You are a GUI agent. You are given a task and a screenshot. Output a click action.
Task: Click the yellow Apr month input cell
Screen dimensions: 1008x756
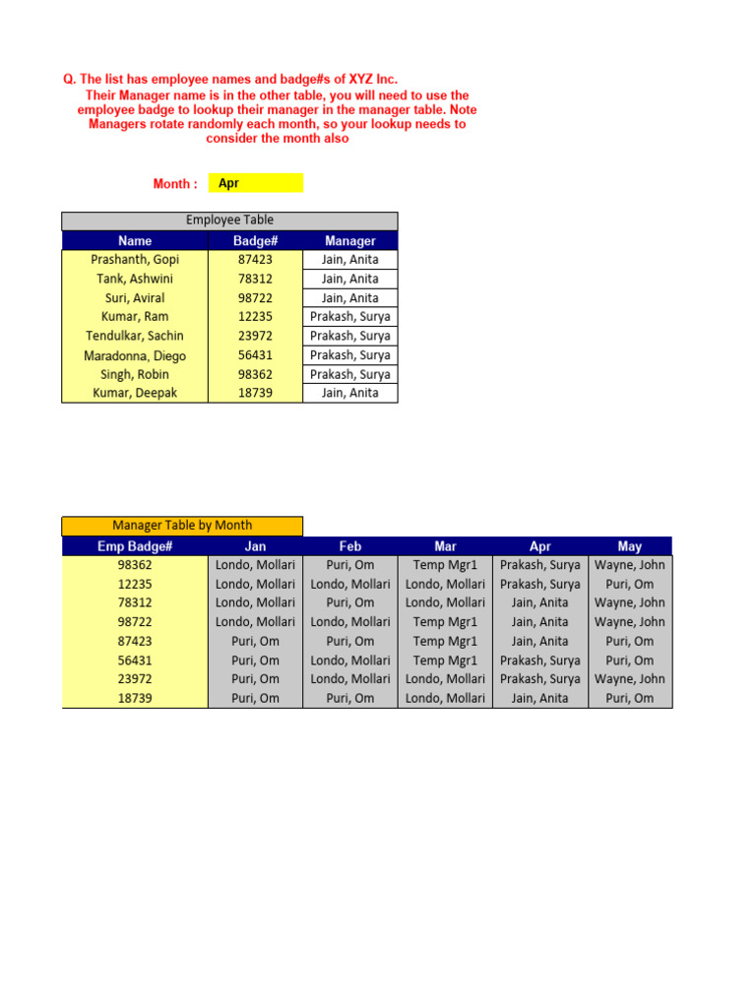(255, 183)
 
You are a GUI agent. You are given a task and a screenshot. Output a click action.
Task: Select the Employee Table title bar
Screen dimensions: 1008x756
(229, 220)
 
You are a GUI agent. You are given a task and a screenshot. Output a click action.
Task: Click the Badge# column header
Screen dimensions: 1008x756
(255, 240)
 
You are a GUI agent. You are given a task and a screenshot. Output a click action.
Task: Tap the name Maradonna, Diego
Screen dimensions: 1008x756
(135, 355)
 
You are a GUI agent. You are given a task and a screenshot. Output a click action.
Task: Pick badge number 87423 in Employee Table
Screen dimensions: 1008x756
(255, 260)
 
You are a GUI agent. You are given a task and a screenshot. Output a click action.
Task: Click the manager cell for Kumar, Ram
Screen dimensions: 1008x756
(349, 317)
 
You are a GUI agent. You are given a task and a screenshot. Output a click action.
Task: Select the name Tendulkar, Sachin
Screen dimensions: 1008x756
(135, 336)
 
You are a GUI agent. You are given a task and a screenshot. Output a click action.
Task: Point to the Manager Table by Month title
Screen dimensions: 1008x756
(182, 526)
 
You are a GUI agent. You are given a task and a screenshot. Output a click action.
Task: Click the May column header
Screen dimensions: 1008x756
(630, 546)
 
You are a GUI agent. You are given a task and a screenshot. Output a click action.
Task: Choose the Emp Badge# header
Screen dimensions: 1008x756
(135, 546)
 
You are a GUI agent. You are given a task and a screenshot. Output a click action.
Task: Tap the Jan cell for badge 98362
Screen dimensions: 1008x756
(255, 565)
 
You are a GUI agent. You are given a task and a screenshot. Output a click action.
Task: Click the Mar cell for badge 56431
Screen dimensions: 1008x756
(445, 661)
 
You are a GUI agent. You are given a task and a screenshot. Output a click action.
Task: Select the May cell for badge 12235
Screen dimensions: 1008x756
(630, 584)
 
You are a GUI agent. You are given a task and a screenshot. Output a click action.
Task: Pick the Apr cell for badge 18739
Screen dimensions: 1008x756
(539, 698)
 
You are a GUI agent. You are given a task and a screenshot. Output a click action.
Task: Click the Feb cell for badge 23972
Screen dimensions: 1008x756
(350, 679)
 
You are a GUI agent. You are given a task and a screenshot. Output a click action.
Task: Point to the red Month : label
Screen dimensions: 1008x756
(175, 184)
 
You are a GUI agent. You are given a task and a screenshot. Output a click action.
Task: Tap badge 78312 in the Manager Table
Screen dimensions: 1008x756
(135, 602)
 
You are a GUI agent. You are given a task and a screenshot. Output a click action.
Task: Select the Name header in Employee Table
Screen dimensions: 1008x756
(135, 240)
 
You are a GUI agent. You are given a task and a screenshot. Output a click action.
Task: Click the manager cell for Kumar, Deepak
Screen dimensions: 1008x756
(349, 393)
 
